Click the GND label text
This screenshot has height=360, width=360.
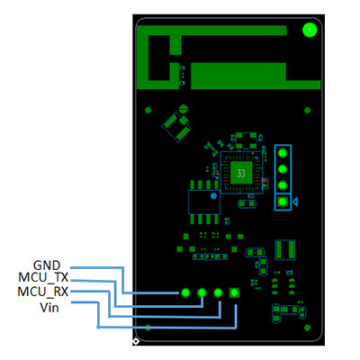46,265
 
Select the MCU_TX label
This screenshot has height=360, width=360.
43,278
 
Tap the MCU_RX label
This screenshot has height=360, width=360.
43,292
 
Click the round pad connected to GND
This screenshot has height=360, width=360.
184,292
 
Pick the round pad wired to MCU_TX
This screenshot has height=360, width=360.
202,292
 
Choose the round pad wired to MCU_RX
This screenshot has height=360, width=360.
218,292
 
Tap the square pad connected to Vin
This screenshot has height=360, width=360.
235,292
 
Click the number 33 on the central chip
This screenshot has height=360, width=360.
240,172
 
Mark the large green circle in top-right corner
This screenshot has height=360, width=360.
310,31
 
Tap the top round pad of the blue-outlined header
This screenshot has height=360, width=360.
283,152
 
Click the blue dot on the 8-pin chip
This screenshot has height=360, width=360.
212,193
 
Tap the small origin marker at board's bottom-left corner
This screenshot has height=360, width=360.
135,342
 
